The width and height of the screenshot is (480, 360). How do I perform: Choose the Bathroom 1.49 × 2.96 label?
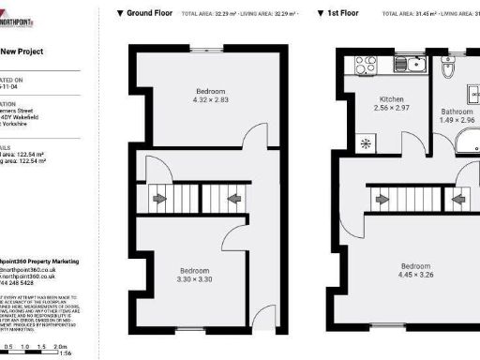click(x=457, y=116)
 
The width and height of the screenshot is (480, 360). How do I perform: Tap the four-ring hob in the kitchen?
click(x=361, y=65)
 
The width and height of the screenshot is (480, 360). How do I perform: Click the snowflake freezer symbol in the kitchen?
click(x=365, y=144)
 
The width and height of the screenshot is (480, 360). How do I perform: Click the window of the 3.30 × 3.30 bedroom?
click(x=191, y=328)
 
